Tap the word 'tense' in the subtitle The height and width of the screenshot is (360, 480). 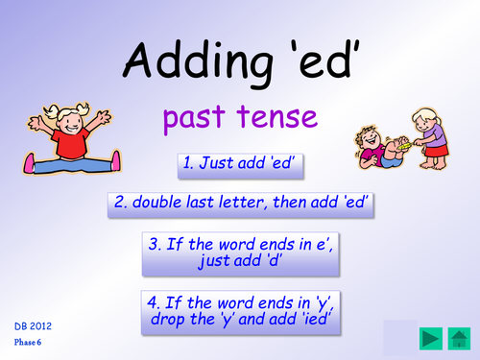point(277,119)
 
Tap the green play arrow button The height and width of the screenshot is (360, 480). point(458,338)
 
